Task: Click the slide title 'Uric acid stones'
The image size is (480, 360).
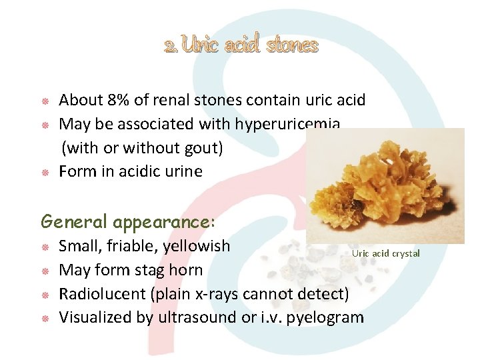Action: tap(241, 45)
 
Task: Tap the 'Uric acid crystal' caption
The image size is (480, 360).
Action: tap(386, 253)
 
